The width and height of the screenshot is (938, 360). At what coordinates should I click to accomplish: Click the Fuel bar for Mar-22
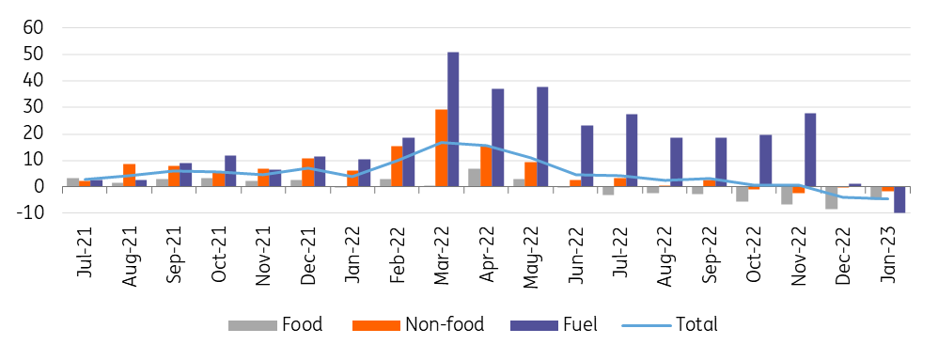(453, 119)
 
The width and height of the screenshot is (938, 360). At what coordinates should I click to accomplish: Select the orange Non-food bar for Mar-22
(441, 148)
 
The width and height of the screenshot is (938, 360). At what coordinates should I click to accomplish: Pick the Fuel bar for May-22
(542, 136)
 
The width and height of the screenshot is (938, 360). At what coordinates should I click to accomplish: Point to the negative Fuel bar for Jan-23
(899, 199)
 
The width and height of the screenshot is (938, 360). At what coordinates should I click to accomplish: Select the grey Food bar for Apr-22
(474, 178)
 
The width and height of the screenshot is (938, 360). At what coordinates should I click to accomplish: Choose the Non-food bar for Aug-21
(129, 175)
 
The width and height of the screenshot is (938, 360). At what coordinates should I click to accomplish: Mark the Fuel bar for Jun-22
(586, 156)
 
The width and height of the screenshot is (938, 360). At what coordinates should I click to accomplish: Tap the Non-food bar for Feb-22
(396, 166)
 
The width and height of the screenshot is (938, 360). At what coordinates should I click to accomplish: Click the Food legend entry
(275, 324)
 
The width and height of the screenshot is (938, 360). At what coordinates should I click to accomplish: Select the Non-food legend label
(445, 324)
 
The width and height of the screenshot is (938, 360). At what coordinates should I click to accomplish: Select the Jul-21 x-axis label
(86, 251)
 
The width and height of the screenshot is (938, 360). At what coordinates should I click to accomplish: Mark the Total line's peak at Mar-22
(442, 142)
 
